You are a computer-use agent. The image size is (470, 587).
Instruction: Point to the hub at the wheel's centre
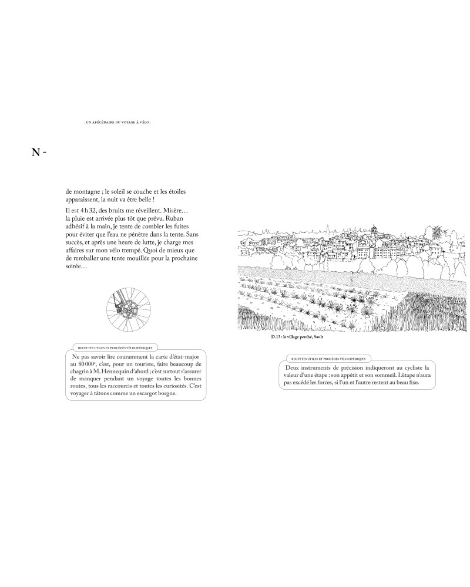pyautogui.click(x=127, y=311)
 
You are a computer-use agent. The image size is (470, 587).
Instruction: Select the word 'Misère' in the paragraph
pyautogui.click(x=173, y=210)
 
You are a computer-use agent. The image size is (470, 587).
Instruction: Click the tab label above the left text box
pyautogui.click(x=110, y=348)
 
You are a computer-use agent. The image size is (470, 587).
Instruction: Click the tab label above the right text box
pyautogui.click(x=328, y=357)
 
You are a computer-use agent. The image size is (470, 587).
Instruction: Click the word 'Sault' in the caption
pyautogui.click(x=317, y=338)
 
